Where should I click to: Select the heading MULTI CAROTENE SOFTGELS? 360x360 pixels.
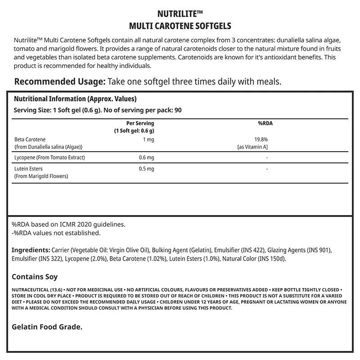pyautogui.click(x=180, y=26)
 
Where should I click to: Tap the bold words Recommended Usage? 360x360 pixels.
pyautogui.click(x=60, y=82)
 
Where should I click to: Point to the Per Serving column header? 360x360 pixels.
pyautogui.click(x=140, y=123)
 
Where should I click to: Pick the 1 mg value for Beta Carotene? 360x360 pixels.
pyautogui.click(x=148, y=140)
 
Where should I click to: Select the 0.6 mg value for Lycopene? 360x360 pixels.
pyautogui.click(x=147, y=157)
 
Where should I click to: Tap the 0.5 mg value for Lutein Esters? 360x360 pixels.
pyautogui.click(x=147, y=169)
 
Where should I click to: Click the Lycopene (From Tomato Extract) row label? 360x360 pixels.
pyautogui.click(x=49, y=157)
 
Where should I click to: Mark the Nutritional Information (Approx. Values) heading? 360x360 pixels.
pyautogui.click(x=75, y=99)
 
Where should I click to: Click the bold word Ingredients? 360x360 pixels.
pyautogui.click(x=31, y=250)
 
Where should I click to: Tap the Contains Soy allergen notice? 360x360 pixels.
pyautogui.click(x=35, y=277)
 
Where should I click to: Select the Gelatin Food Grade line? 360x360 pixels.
pyautogui.click(x=47, y=327)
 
